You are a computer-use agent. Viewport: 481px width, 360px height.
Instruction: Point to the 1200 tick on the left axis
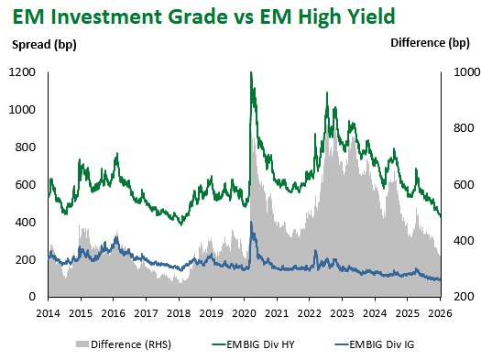click(x=26, y=72)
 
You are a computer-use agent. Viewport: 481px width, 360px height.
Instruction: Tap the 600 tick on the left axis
click(x=29, y=185)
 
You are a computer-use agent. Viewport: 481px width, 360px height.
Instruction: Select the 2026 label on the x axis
click(x=441, y=312)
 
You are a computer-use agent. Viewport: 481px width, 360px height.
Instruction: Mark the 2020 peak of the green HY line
click(x=251, y=73)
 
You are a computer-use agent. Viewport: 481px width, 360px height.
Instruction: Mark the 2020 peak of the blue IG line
click(x=251, y=223)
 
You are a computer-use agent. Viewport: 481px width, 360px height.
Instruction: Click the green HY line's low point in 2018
click(x=181, y=223)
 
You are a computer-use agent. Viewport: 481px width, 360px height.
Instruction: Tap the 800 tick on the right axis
click(x=458, y=129)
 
